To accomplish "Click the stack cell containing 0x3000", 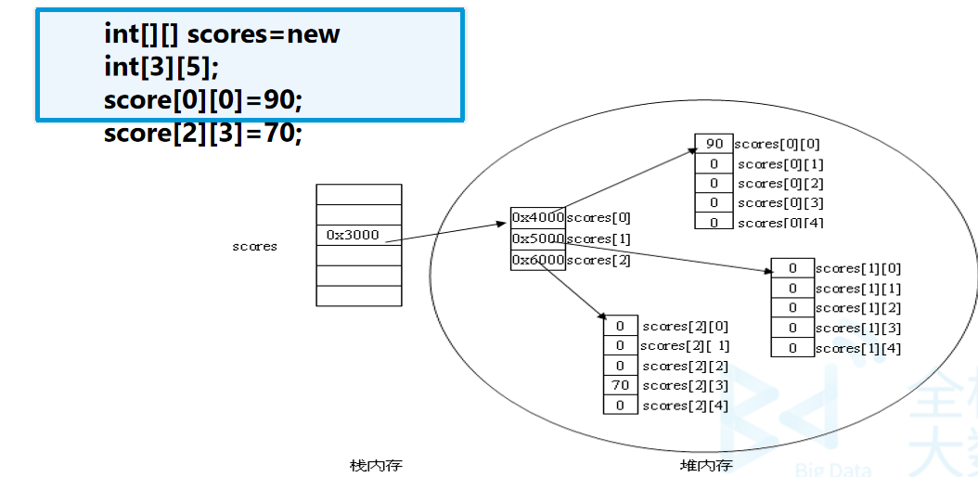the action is pos(359,235).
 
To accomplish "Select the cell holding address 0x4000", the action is pos(537,217).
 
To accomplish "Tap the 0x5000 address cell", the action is pos(537,238).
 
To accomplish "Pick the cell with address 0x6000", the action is pos(537,260).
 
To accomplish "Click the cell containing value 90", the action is pos(714,144).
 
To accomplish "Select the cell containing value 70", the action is pos(621,385).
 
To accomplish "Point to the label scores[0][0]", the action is pos(778,144).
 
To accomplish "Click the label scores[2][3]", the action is pos(686,386).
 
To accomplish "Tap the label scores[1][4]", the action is pos(858,349).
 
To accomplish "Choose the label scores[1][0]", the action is pos(858,269).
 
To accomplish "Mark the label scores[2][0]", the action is pos(686,326).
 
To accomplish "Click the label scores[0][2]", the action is pos(781,184).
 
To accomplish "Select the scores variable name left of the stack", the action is pos(254,246).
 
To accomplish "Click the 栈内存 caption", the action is pos(376,465).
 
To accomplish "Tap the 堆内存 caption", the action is pos(706,465).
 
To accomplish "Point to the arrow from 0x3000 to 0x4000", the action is pos(445,233).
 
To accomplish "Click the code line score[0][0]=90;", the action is pos(202,100).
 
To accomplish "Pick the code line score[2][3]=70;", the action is pos(202,133).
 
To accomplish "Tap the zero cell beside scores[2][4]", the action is pos(621,405).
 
